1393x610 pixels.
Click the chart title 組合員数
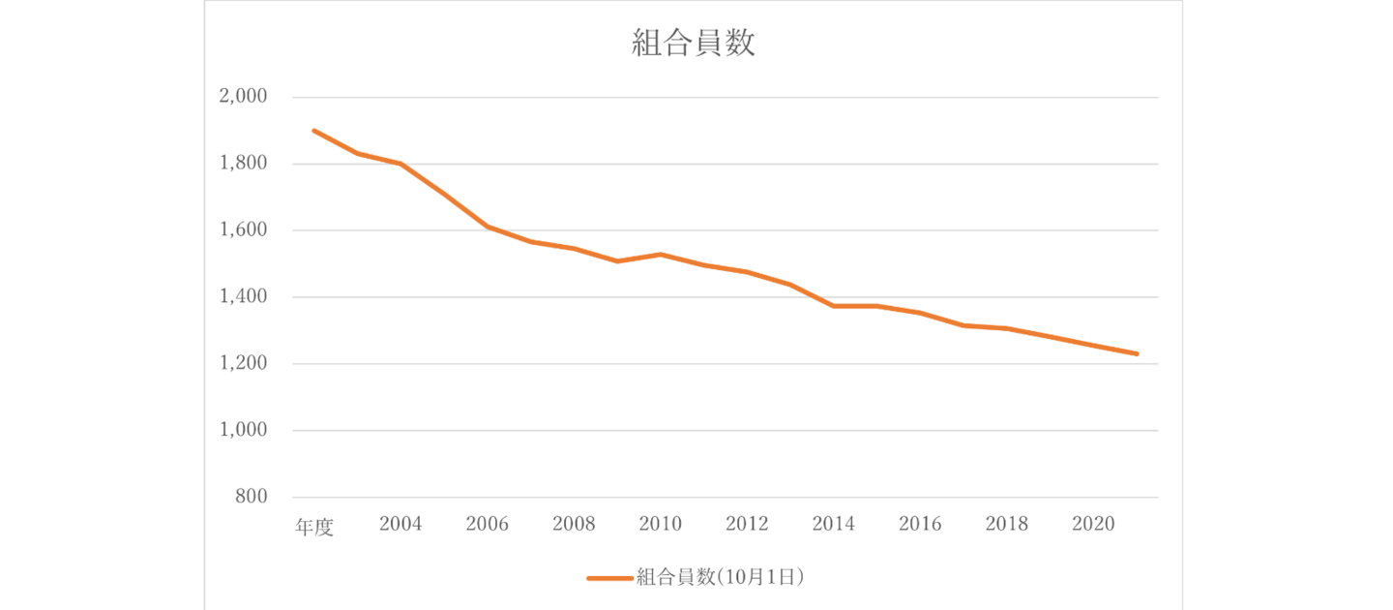tap(694, 44)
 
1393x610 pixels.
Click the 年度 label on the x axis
tap(314, 527)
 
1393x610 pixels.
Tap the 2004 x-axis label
tap(400, 524)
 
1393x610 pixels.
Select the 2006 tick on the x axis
tap(487, 524)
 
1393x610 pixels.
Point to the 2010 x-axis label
tap(660, 524)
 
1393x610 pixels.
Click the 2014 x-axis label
tap(833, 524)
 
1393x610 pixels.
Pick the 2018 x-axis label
tap(1006, 524)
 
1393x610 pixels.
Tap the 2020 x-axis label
tap(1093, 524)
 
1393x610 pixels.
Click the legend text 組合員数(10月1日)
tap(721, 577)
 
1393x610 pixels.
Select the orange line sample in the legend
tap(608, 578)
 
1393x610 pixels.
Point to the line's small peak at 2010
tap(660, 255)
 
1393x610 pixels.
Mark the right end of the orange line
tap(1137, 354)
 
